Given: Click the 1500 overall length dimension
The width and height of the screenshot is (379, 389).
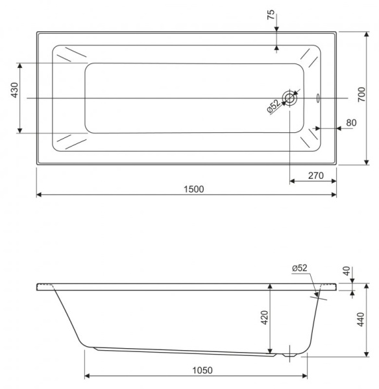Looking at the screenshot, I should point(193,189).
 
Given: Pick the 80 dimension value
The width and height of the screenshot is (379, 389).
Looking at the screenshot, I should point(351,122).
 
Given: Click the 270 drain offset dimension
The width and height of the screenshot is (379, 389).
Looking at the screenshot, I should point(315,174).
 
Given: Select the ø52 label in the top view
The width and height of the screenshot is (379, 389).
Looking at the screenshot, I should point(274,106).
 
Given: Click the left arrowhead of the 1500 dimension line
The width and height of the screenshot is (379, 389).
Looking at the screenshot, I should point(39,194).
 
